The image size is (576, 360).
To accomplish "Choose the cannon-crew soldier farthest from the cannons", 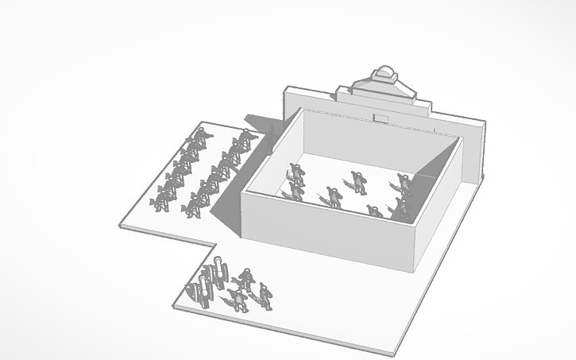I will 265,296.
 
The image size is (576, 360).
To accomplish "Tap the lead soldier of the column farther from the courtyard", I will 199,138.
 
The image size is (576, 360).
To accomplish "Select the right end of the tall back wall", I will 482,151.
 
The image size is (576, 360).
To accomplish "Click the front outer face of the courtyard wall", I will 326,230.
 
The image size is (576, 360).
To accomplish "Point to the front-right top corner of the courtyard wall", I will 414,228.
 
